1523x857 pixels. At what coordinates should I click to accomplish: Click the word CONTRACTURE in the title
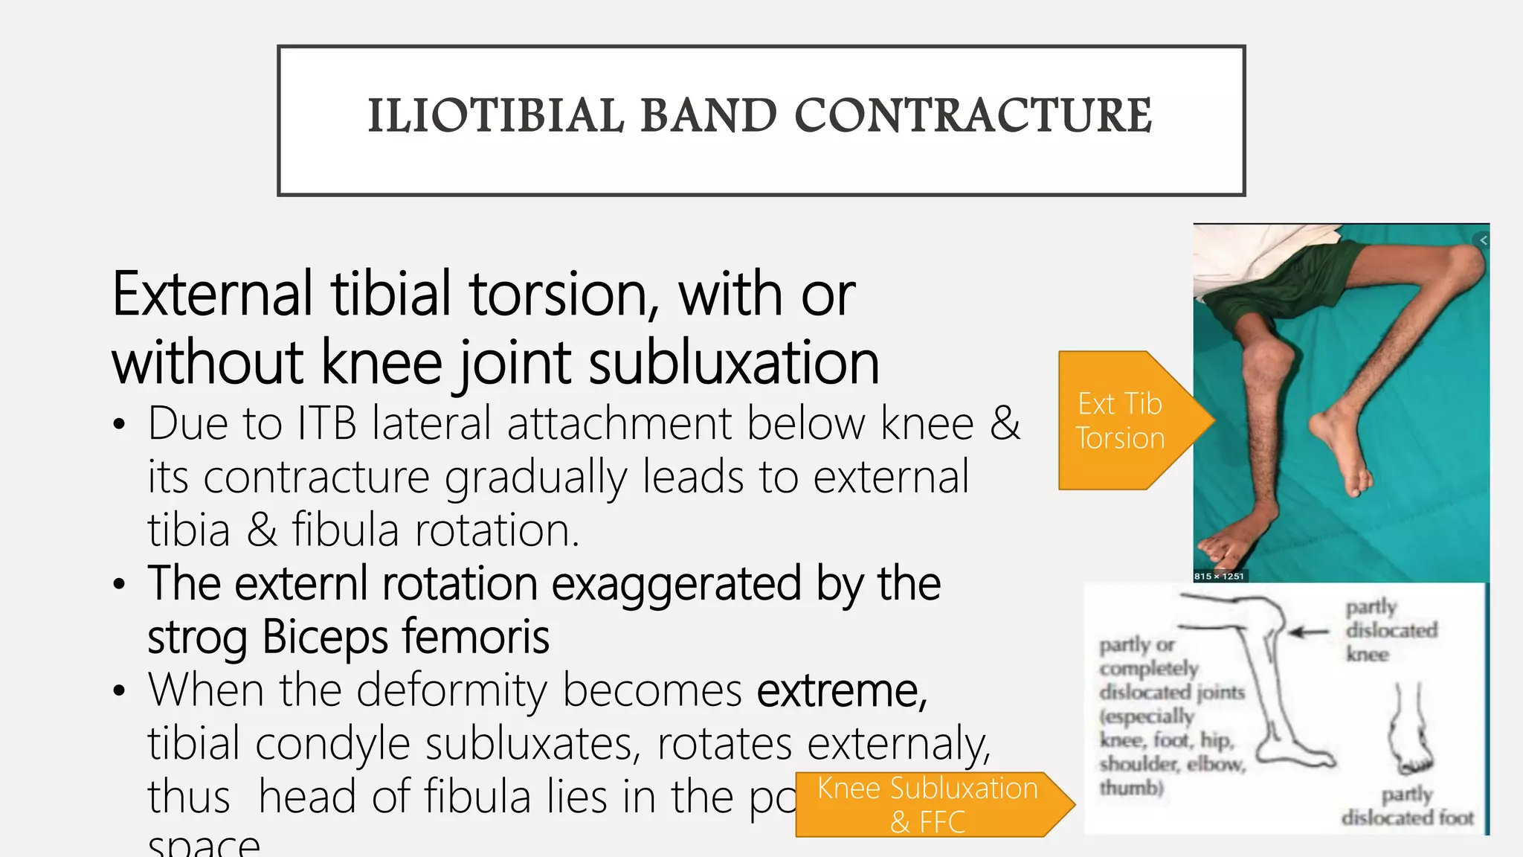click(x=973, y=117)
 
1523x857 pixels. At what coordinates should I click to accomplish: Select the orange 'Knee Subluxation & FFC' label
click(x=927, y=805)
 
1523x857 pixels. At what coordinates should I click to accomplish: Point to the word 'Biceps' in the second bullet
click(x=324, y=638)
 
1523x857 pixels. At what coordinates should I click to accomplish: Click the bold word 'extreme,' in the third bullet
click(x=843, y=691)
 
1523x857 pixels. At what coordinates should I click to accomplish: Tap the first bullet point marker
click(x=119, y=426)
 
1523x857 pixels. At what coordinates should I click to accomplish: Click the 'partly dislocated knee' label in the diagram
click(x=1390, y=630)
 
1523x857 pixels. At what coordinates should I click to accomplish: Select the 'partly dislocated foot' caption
click(x=1407, y=806)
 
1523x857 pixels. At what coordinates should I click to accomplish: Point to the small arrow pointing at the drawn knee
click(x=1310, y=632)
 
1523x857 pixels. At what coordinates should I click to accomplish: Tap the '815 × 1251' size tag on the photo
click(x=1219, y=576)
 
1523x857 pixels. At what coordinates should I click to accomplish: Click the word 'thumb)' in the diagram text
click(x=1131, y=787)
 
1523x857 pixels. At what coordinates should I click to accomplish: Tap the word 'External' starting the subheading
click(x=212, y=295)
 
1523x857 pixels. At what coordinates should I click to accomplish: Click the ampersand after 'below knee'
click(x=1005, y=424)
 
